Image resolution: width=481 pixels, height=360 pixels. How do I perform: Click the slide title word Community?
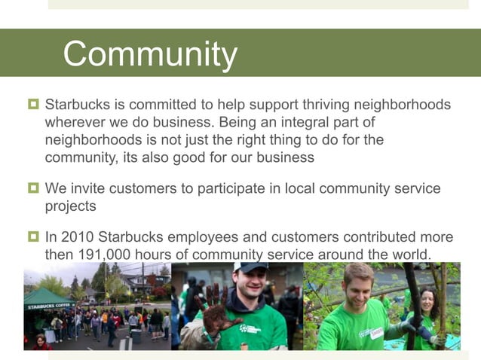[x=150, y=54]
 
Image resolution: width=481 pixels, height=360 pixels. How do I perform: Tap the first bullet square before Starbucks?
[x=33, y=104]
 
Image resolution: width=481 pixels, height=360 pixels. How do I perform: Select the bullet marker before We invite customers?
[x=33, y=188]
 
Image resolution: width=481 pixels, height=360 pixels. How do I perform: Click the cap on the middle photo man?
[x=251, y=267]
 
